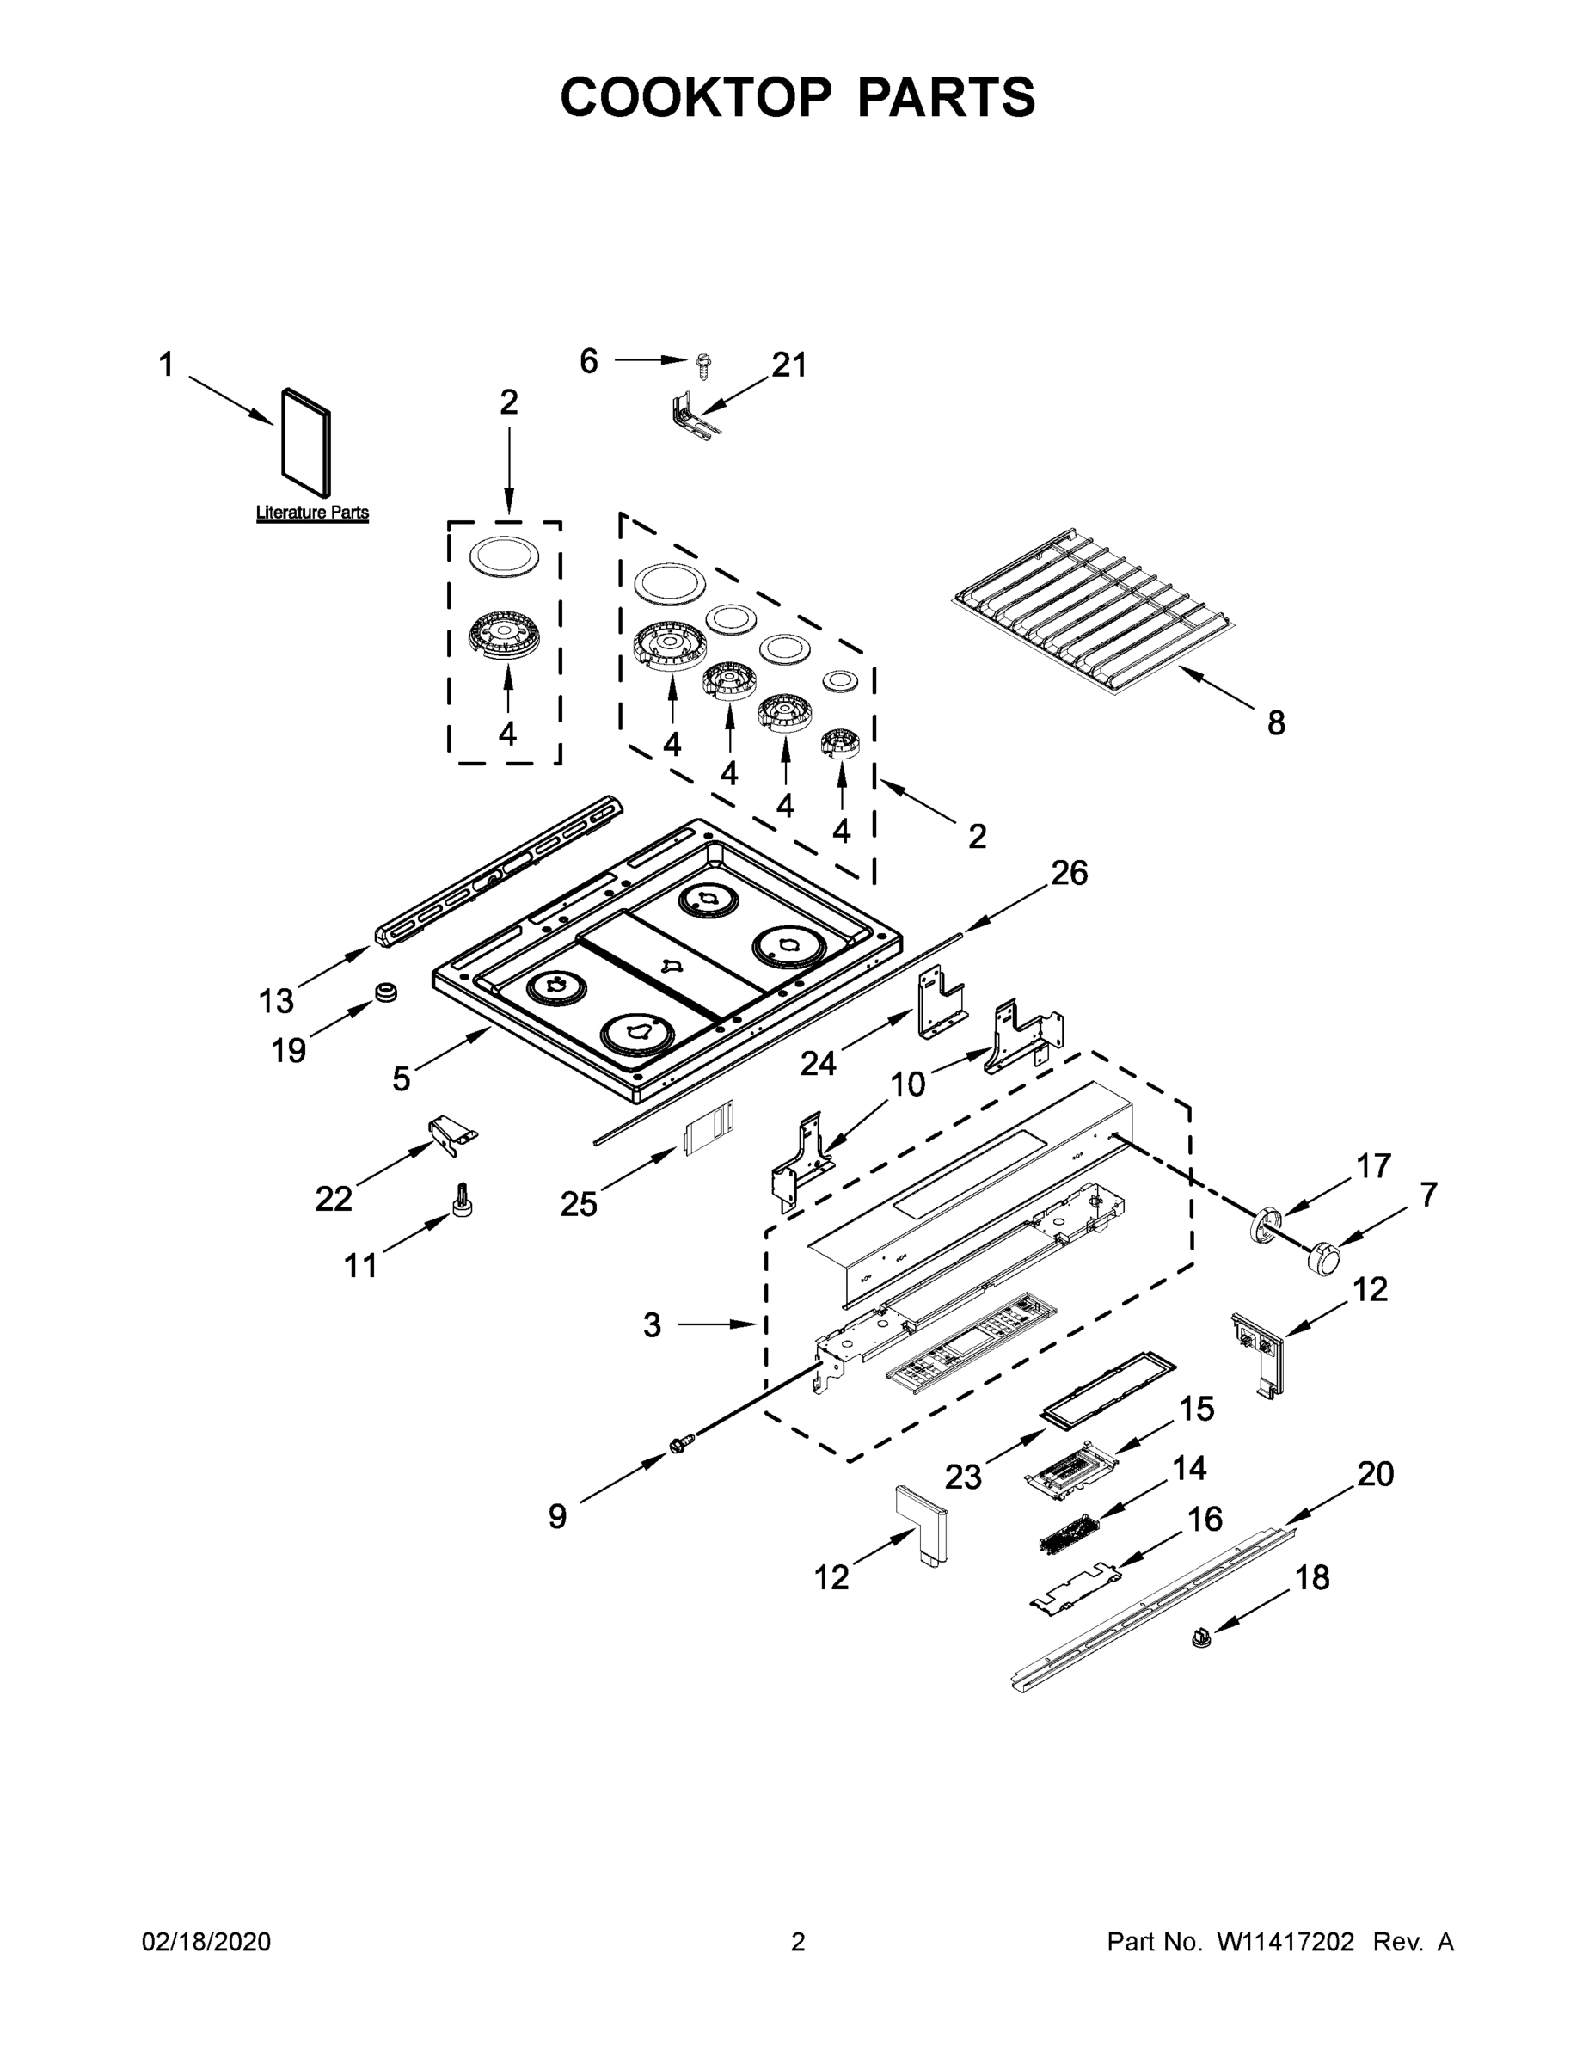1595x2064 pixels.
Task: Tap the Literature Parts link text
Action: coord(312,513)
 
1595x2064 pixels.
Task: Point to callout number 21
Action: coord(789,365)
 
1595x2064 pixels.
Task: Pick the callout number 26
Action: coord(1069,872)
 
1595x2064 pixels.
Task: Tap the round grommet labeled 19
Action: coord(385,992)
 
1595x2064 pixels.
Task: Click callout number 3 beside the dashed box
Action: coord(652,1325)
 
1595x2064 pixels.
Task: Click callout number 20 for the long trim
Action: coord(1375,1473)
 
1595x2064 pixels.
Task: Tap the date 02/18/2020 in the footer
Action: coord(206,1942)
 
